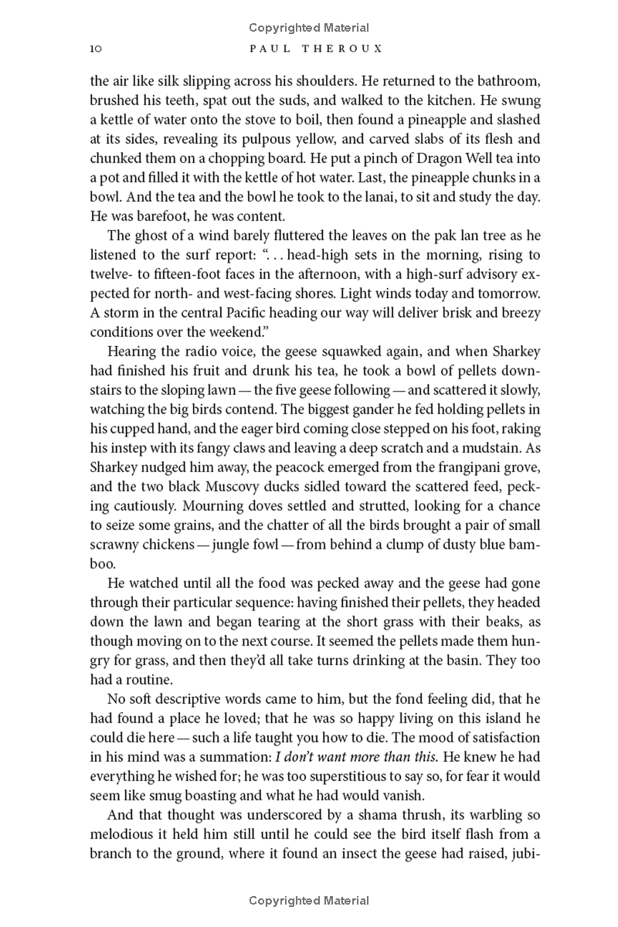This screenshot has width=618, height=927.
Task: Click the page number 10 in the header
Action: pos(96,49)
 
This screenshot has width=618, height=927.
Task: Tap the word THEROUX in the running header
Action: pos(339,49)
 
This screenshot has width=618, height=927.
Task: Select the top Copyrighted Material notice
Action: pos(309,28)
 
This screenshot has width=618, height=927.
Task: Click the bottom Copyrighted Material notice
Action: pos(309,900)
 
